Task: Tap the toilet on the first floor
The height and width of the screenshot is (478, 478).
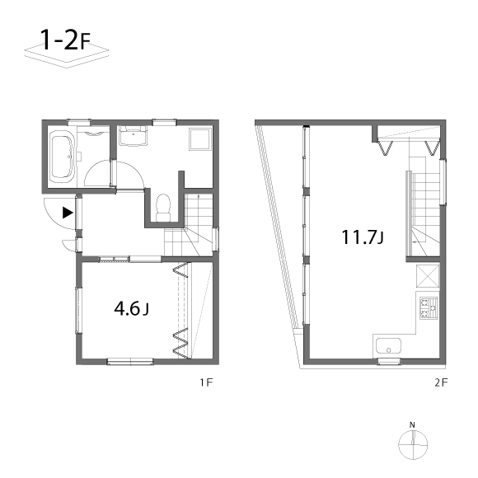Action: pos(163,208)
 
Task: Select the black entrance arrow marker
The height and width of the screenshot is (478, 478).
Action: pos(68,213)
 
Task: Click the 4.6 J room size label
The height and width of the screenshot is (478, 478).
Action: pos(131,309)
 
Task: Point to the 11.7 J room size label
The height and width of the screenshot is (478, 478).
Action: pos(363,237)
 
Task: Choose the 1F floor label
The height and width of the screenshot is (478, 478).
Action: pos(206,382)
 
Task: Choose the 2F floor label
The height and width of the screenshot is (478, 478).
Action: pos(441,382)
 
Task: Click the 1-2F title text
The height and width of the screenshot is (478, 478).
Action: pos(65,40)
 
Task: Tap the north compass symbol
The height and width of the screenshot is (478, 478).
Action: pos(413,445)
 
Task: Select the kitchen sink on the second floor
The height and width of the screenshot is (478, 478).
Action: pos(388,345)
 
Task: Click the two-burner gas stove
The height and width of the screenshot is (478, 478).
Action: pos(429,308)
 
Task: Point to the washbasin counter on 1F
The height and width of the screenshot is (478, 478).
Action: pos(133,136)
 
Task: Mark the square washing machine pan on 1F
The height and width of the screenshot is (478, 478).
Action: pos(200,138)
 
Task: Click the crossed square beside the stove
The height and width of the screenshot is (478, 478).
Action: pos(428,276)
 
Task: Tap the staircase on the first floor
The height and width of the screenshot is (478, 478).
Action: pos(190,226)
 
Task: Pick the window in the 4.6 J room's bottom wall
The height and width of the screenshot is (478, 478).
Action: pos(130,362)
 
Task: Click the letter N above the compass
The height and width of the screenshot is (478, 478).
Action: pos(412,424)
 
